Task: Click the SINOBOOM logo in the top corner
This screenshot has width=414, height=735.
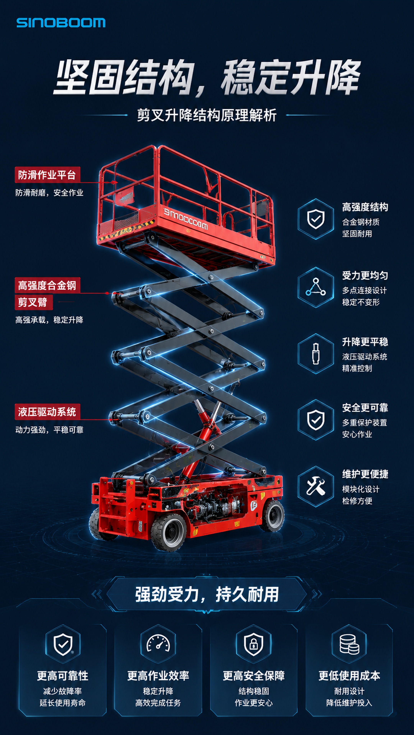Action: tap(61, 23)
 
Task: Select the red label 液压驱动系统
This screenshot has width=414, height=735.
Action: tap(47, 412)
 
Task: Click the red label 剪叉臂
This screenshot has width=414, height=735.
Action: tap(33, 302)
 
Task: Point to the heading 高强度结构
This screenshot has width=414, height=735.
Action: tap(365, 207)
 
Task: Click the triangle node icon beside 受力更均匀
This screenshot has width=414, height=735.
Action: tap(315, 287)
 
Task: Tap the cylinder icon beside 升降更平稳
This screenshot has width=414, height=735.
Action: tap(315, 354)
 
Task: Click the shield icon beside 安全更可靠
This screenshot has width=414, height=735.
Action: tap(315, 420)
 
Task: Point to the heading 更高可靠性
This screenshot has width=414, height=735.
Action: tap(62, 676)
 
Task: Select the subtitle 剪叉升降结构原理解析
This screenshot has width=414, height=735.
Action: tap(207, 115)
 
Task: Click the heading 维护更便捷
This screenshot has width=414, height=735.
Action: tap(365, 474)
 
